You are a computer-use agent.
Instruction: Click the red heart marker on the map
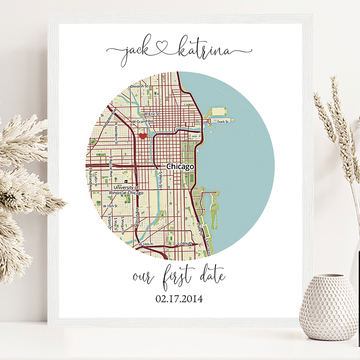click(143, 136)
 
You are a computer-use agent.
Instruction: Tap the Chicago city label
click(180, 166)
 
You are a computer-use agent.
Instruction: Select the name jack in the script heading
click(133, 53)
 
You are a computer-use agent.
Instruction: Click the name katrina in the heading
click(203, 52)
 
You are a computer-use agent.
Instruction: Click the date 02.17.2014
click(179, 299)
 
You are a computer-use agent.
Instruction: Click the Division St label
click(139, 86)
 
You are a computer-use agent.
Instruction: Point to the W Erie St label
click(152, 114)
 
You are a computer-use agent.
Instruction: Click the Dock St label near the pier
click(222, 122)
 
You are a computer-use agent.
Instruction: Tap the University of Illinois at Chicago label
click(126, 190)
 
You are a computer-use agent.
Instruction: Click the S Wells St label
click(160, 180)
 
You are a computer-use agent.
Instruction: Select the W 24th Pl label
click(145, 245)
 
